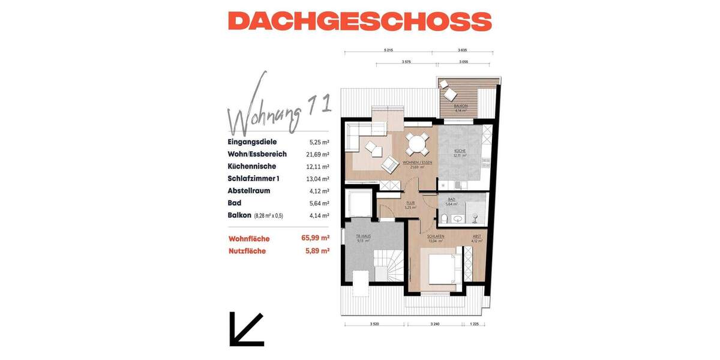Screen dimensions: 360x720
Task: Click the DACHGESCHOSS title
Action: pyautogui.click(x=360, y=21)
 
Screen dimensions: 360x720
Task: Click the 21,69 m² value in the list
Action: pyautogui.click(x=317, y=154)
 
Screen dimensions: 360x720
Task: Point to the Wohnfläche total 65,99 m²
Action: pyautogui.click(x=316, y=238)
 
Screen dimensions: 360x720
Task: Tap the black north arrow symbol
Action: pyautogui.click(x=246, y=329)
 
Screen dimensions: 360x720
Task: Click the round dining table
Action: pyautogui.click(x=417, y=145)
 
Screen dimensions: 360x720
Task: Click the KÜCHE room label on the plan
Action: pyautogui.click(x=460, y=151)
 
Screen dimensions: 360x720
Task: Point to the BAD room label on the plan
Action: pyautogui.click(x=452, y=199)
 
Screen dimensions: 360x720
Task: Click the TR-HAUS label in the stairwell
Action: pyautogui.click(x=363, y=236)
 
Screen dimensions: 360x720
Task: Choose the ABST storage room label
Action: pyautogui.click(x=476, y=236)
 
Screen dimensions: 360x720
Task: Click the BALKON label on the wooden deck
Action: pyautogui.click(x=461, y=106)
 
